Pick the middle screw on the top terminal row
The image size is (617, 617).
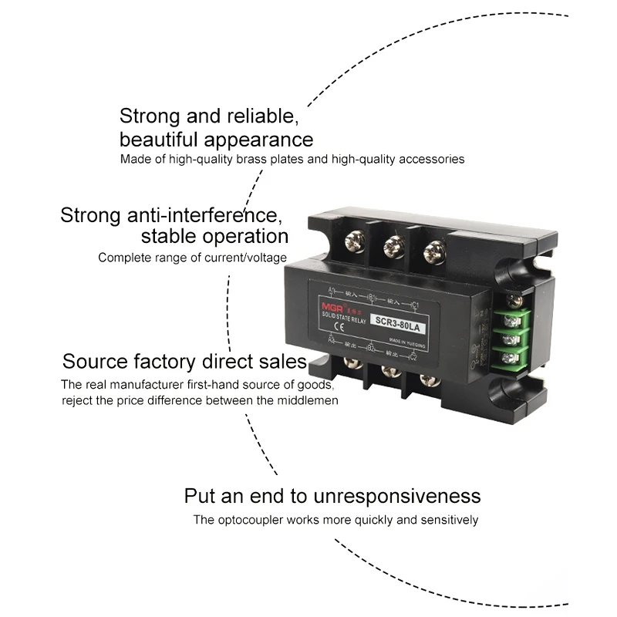coord(393,248)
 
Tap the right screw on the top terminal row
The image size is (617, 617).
coord(436,251)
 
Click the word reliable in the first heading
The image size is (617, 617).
coord(259,116)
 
